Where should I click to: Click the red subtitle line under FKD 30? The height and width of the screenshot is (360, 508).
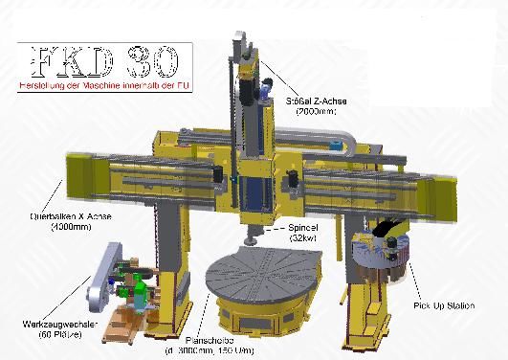[101, 86]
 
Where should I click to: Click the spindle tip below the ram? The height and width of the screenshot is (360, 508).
[250, 232]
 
